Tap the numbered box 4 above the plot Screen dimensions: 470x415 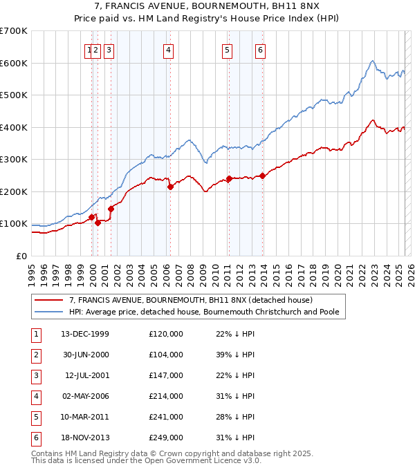[168, 50]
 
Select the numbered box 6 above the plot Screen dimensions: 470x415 [260, 50]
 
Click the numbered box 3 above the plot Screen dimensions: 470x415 [109, 50]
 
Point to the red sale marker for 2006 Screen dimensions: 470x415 [170, 186]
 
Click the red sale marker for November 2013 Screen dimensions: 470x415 [263, 176]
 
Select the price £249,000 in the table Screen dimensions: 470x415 [166, 438]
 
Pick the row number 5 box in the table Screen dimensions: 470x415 [35, 417]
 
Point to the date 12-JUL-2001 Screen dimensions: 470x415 [86, 375]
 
